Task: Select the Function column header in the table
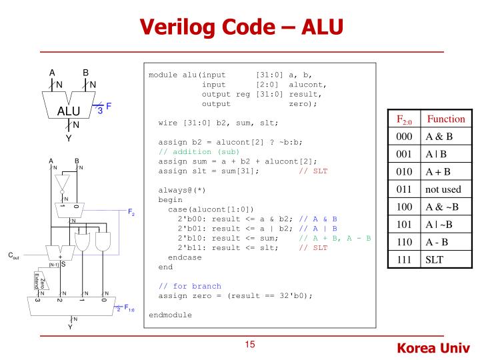pos(445,119)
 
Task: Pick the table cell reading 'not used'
pos(443,189)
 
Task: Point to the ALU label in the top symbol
pos(70,111)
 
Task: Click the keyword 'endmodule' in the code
pos(170,314)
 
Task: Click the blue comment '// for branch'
pos(189,285)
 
